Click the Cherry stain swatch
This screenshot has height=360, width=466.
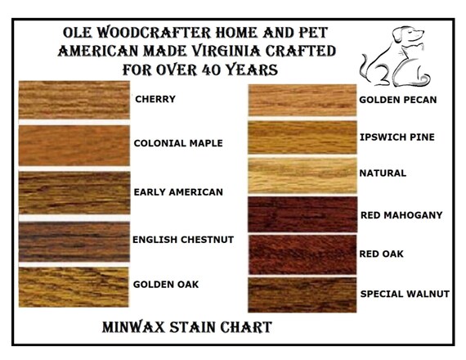point(74,100)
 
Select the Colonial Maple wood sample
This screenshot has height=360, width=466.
point(74,145)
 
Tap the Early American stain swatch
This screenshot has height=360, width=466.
point(74,192)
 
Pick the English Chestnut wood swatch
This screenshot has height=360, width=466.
point(74,241)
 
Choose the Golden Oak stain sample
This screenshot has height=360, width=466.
point(74,287)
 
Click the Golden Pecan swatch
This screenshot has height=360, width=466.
point(302,100)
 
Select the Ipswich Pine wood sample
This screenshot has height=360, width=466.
point(302,137)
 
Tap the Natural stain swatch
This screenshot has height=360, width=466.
point(302,176)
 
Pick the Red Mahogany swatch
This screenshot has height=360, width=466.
point(302,214)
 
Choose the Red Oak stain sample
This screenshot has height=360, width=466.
point(302,254)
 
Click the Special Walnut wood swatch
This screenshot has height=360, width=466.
point(302,295)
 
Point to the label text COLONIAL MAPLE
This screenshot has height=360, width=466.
point(178,143)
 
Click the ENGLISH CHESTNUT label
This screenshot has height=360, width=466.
point(183,240)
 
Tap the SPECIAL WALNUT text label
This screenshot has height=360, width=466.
point(405,294)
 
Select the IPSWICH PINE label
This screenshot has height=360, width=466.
point(397,137)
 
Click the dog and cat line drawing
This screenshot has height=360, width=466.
point(395,57)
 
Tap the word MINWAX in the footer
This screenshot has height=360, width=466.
point(133,327)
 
